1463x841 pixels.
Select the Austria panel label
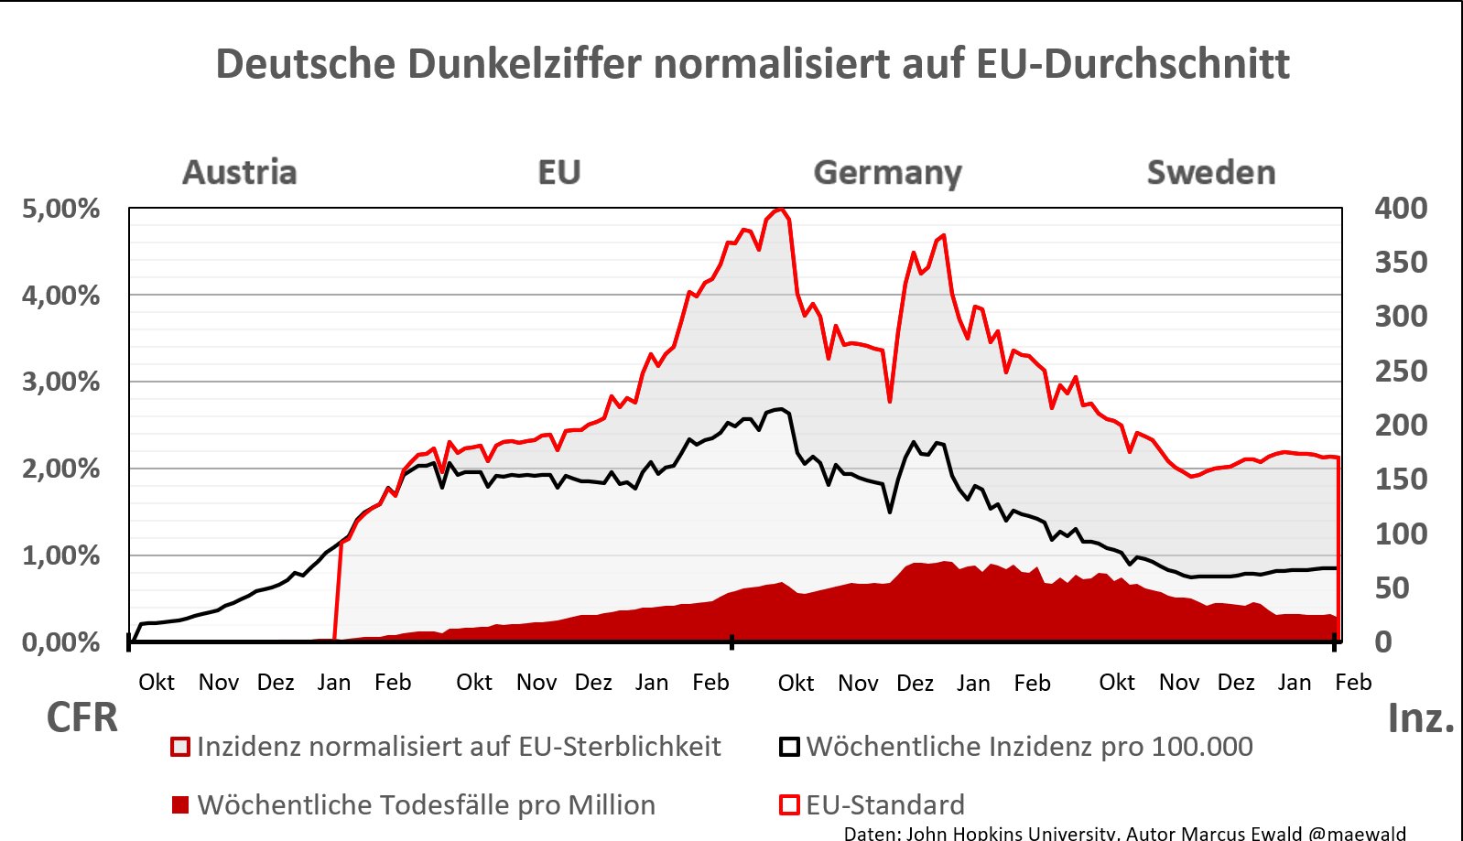[240, 172]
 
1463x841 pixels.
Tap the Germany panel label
[887, 172]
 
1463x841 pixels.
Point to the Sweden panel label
[1210, 172]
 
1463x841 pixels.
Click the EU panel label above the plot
[558, 172]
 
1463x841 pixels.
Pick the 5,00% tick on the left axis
[60, 209]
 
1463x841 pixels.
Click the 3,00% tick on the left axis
[60, 382]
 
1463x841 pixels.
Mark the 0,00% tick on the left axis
[60, 642]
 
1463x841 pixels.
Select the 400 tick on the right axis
[1400, 209]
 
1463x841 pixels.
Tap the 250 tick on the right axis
[1400, 372]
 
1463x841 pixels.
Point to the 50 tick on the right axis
[1392, 588]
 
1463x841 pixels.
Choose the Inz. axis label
[1421, 718]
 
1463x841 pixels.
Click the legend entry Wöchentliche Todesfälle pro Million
[426, 805]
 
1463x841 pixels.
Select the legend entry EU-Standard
[884, 805]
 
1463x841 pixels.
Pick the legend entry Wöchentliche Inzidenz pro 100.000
[1029, 747]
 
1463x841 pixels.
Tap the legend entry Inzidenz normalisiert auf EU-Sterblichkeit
[458, 747]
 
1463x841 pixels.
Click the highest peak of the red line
[779, 210]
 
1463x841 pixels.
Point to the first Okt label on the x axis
[157, 683]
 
